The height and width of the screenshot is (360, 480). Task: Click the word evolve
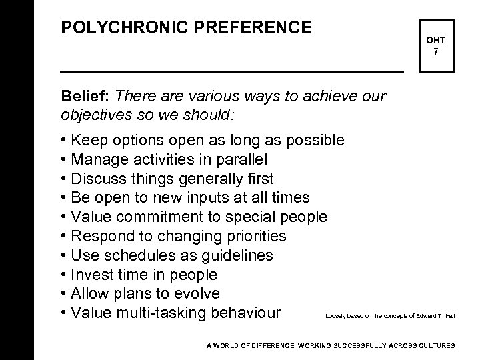point(198,294)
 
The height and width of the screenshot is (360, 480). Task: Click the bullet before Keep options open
point(63,141)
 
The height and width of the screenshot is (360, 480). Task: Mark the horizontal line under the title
point(232,71)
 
